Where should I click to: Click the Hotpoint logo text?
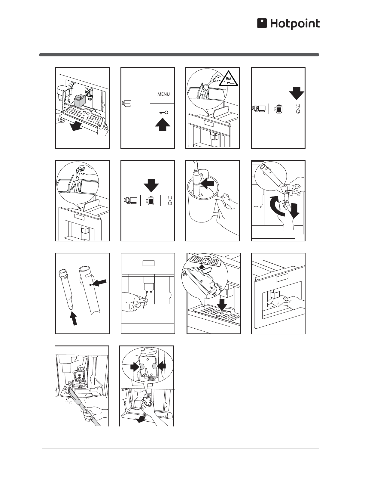click(295, 24)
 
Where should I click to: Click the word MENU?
click(163, 94)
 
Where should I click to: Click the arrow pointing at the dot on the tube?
click(100, 283)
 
